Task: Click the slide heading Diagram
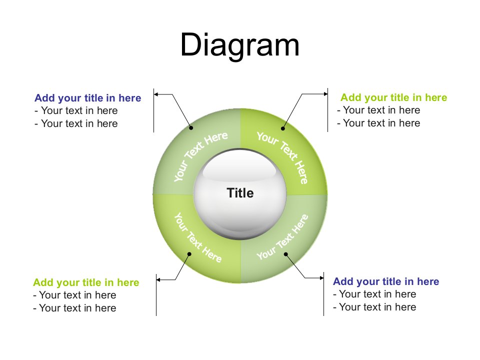[240, 45]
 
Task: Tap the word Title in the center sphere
[240, 193]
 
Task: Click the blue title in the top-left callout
[88, 98]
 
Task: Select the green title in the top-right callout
[393, 97]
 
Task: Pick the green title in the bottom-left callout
[86, 282]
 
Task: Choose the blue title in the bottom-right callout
[386, 281]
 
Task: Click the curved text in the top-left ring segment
[200, 155]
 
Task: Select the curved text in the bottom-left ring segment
[197, 237]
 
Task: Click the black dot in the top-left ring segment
[191, 127]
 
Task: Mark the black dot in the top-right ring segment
[283, 128]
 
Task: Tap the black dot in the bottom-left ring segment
[189, 254]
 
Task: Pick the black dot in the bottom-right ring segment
[286, 254]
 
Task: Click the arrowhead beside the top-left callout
[156, 93]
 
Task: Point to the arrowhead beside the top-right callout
[325, 93]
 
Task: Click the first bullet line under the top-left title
[76, 110]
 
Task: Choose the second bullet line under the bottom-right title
[374, 307]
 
